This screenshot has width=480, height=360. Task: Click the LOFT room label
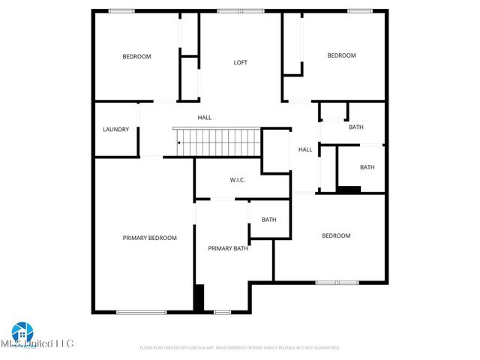[240, 62]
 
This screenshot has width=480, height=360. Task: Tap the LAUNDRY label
[115, 129]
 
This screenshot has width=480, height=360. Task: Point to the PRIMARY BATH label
[228, 248]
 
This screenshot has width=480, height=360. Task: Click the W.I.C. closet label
[237, 180]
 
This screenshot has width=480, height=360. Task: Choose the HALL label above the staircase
[205, 118]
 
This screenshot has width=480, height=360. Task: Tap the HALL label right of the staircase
[305, 149]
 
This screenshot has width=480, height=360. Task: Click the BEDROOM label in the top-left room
[137, 56]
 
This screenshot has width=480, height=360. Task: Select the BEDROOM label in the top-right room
[341, 55]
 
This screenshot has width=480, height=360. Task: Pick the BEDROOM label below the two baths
[336, 235]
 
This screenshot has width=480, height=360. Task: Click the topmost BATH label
[355, 127]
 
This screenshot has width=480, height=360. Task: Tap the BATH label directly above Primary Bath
[268, 220]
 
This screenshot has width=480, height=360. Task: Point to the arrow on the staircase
[179, 142]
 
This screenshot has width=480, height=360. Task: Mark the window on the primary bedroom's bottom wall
[141, 312]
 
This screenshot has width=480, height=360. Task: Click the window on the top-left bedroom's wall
[121, 10]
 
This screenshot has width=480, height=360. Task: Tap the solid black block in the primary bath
[199, 298]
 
